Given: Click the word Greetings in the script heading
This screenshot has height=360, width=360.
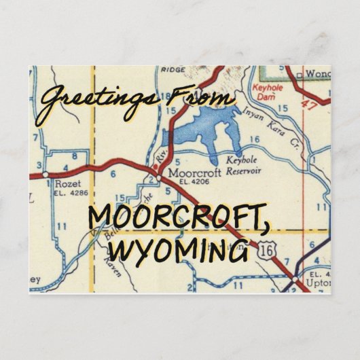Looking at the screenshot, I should tap(92, 102).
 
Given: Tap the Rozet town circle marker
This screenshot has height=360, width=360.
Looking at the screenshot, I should tap(45, 175).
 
